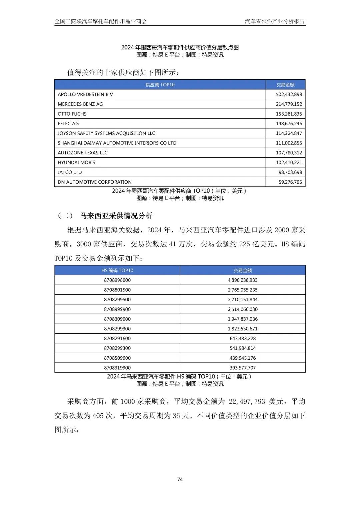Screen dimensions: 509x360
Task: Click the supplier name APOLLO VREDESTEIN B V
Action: point(85,94)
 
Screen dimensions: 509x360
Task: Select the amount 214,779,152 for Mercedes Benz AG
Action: point(289,104)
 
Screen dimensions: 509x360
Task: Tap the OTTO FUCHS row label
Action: point(72,114)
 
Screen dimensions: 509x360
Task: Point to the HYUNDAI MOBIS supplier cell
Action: point(76,162)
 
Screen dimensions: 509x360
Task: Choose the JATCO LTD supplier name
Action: point(70,172)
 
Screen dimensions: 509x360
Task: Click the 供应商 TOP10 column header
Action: point(160,85)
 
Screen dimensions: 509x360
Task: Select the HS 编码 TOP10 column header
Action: point(117,270)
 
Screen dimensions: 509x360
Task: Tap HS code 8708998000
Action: point(117,280)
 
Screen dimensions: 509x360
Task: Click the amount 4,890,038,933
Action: point(243,280)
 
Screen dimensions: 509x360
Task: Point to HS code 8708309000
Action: point(117,319)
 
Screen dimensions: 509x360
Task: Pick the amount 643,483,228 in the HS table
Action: point(243,338)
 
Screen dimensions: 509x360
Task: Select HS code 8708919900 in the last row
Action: point(117,368)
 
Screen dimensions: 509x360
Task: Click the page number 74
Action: point(180,479)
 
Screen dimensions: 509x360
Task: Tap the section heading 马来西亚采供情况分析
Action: point(116,216)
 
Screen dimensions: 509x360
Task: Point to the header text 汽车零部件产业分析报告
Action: point(275,21)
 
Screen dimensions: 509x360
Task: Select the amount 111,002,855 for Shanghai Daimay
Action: point(289,143)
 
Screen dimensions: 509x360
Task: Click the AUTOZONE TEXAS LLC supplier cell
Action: point(83,153)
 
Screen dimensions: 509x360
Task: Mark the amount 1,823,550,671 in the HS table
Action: point(243,329)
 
